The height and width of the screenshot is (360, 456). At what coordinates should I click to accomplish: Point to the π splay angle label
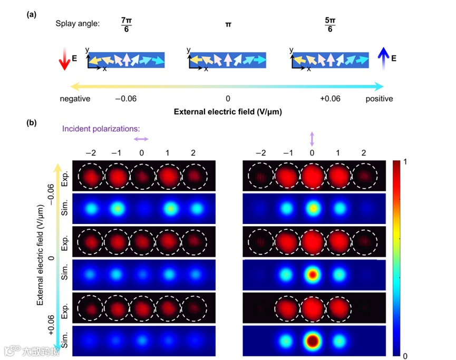pyautogui.click(x=227, y=25)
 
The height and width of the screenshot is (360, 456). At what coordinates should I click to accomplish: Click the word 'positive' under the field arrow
pyautogui.click(x=380, y=99)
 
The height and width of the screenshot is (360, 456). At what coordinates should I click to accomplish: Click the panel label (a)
pyautogui.click(x=32, y=15)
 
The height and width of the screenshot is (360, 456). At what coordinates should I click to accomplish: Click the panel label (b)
pyautogui.click(x=32, y=123)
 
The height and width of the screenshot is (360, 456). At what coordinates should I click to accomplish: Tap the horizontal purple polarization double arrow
pyautogui.click(x=141, y=139)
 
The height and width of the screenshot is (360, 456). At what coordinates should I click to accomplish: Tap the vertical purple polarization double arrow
pyautogui.click(x=312, y=139)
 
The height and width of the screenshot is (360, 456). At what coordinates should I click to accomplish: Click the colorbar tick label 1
pyautogui.click(x=405, y=163)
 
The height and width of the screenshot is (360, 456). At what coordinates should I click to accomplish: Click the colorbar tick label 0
pyautogui.click(x=405, y=356)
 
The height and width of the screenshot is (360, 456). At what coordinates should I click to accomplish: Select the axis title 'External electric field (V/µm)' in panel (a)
pyautogui.click(x=227, y=112)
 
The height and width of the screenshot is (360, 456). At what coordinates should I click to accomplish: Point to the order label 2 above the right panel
pyautogui.click(x=363, y=153)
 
